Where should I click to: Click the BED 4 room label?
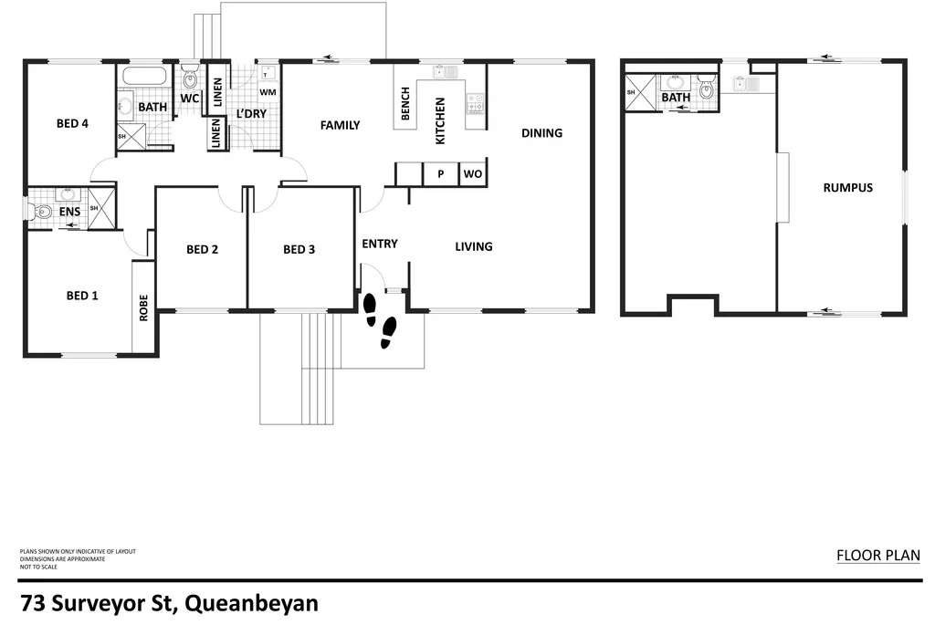click(72, 124)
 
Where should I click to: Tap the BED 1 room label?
click(82, 296)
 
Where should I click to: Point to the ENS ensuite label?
click(70, 212)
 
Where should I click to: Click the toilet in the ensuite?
click(41, 212)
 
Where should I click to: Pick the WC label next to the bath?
click(190, 98)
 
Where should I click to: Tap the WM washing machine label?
click(268, 92)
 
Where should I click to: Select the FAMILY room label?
click(340, 125)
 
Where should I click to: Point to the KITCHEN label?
click(439, 120)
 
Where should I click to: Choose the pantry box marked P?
click(440, 173)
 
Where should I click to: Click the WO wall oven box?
click(472, 173)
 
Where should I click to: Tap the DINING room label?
click(541, 133)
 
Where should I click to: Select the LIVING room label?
click(474, 246)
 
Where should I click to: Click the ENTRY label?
click(380, 244)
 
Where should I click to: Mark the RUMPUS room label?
click(847, 188)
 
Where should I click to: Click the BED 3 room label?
click(299, 249)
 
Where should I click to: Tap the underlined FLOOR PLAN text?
click(877, 555)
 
